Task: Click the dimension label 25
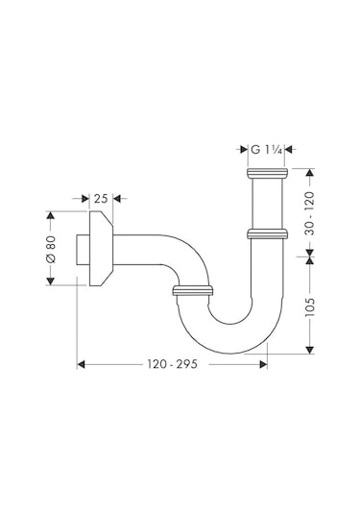pos(101,199)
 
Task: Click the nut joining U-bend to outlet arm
pos(192,289)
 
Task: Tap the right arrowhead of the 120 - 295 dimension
pos(262,365)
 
